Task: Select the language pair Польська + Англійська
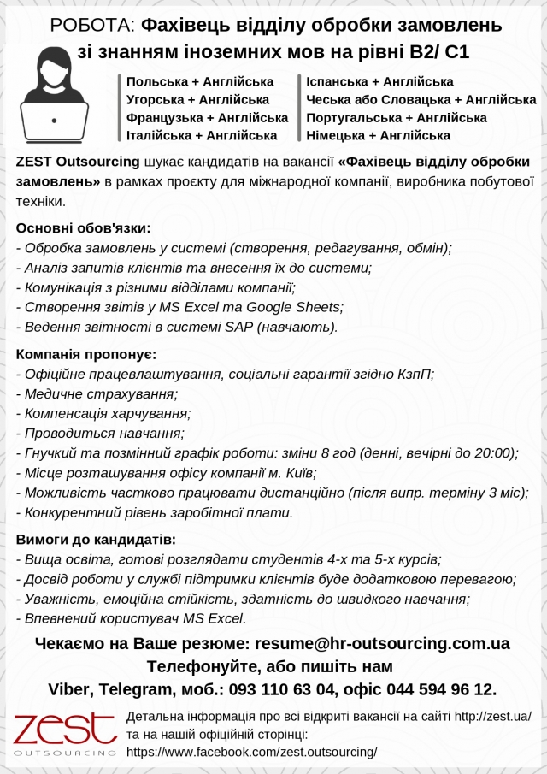(x=200, y=82)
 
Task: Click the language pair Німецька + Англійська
(x=378, y=135)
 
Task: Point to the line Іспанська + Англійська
(x=379, y=82)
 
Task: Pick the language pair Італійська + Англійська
(x=202, y=135)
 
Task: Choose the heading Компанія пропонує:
(x=86, y=354)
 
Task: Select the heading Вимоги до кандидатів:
(x=96, y=540)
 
